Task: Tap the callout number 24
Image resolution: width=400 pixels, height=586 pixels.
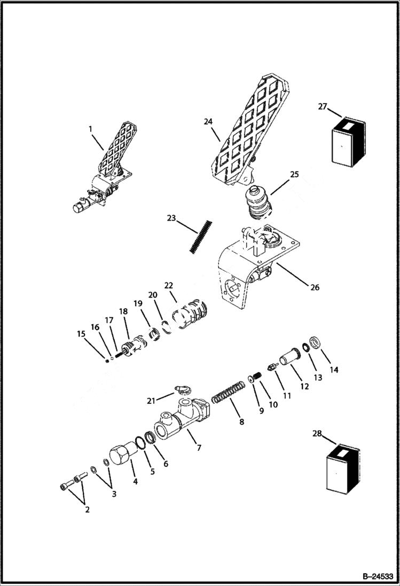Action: click(x=208, y=122)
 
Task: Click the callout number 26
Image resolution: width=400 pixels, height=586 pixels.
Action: click(x=315, y=287)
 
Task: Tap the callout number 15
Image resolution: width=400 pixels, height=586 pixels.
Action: click(x=81, y=334)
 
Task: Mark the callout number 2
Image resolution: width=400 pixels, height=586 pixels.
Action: click(x=88, y=510)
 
